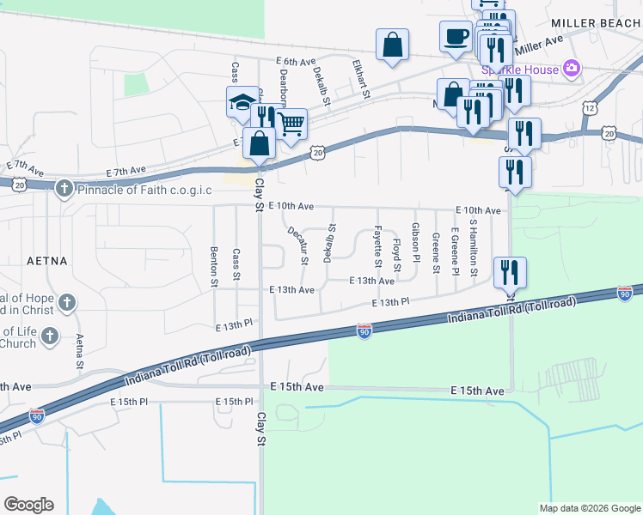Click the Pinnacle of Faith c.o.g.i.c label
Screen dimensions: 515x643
pos(144,189)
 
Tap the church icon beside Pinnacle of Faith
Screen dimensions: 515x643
pos(64,188)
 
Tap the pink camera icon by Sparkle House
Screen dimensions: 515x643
pos(571,69)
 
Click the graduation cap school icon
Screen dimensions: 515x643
pos(242,104)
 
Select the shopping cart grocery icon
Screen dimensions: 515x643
pos(291,124)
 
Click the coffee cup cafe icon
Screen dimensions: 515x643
pos(455,36)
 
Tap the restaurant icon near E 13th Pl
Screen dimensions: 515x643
pos(511,273)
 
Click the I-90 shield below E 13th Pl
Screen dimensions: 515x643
pos(364,331)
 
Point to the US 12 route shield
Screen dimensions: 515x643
pos(589,108)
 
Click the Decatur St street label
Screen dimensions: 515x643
pos(297,244)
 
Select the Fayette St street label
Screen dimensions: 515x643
pos(377,244)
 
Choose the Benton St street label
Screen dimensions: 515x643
pos(213,266)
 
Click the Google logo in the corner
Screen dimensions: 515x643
pos(28,505)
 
